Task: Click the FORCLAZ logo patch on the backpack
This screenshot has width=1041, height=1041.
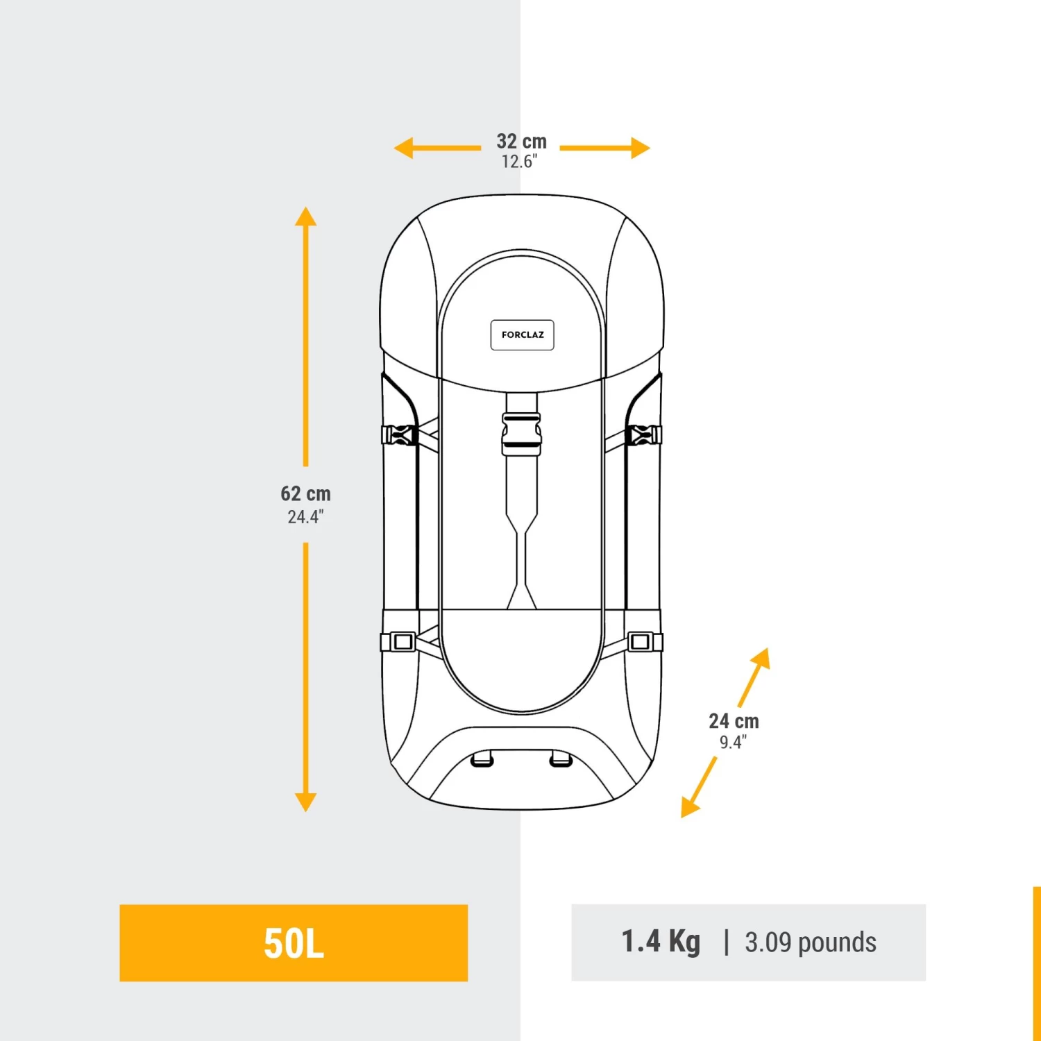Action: click(x=522, y=335)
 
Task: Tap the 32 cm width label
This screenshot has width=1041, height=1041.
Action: click(x=521, y=142)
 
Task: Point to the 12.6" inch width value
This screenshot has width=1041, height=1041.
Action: click(x=519, y=162)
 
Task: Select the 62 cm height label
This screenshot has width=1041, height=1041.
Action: click(x=305, y=494)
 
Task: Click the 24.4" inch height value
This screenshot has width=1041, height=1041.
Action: click(x=305, y=517)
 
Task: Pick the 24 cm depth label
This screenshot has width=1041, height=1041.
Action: click(x=734, y=722)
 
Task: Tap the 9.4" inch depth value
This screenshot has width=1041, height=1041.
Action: click(x=733, y=743)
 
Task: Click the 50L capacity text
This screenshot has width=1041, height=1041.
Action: click(x=294, y=943)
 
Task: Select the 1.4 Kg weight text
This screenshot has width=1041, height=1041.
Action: click(x=661, y=942)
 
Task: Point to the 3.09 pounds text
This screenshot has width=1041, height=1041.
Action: click(x=810, y=942)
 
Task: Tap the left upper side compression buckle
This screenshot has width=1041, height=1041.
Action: click(x=399, y=435)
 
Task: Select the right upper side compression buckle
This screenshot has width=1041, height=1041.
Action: click(x=643, y=435)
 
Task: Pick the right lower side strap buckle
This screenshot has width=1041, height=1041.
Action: click(x=643, y=642)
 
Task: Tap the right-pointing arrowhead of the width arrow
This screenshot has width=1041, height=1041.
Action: click(x=640, y=148)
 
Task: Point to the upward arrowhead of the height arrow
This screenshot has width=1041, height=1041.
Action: click(x=305, y=217)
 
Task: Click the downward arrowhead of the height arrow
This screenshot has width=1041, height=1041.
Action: click(x=305, y=802)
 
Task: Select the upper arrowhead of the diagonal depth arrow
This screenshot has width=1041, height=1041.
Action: click(x=762, y=657)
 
